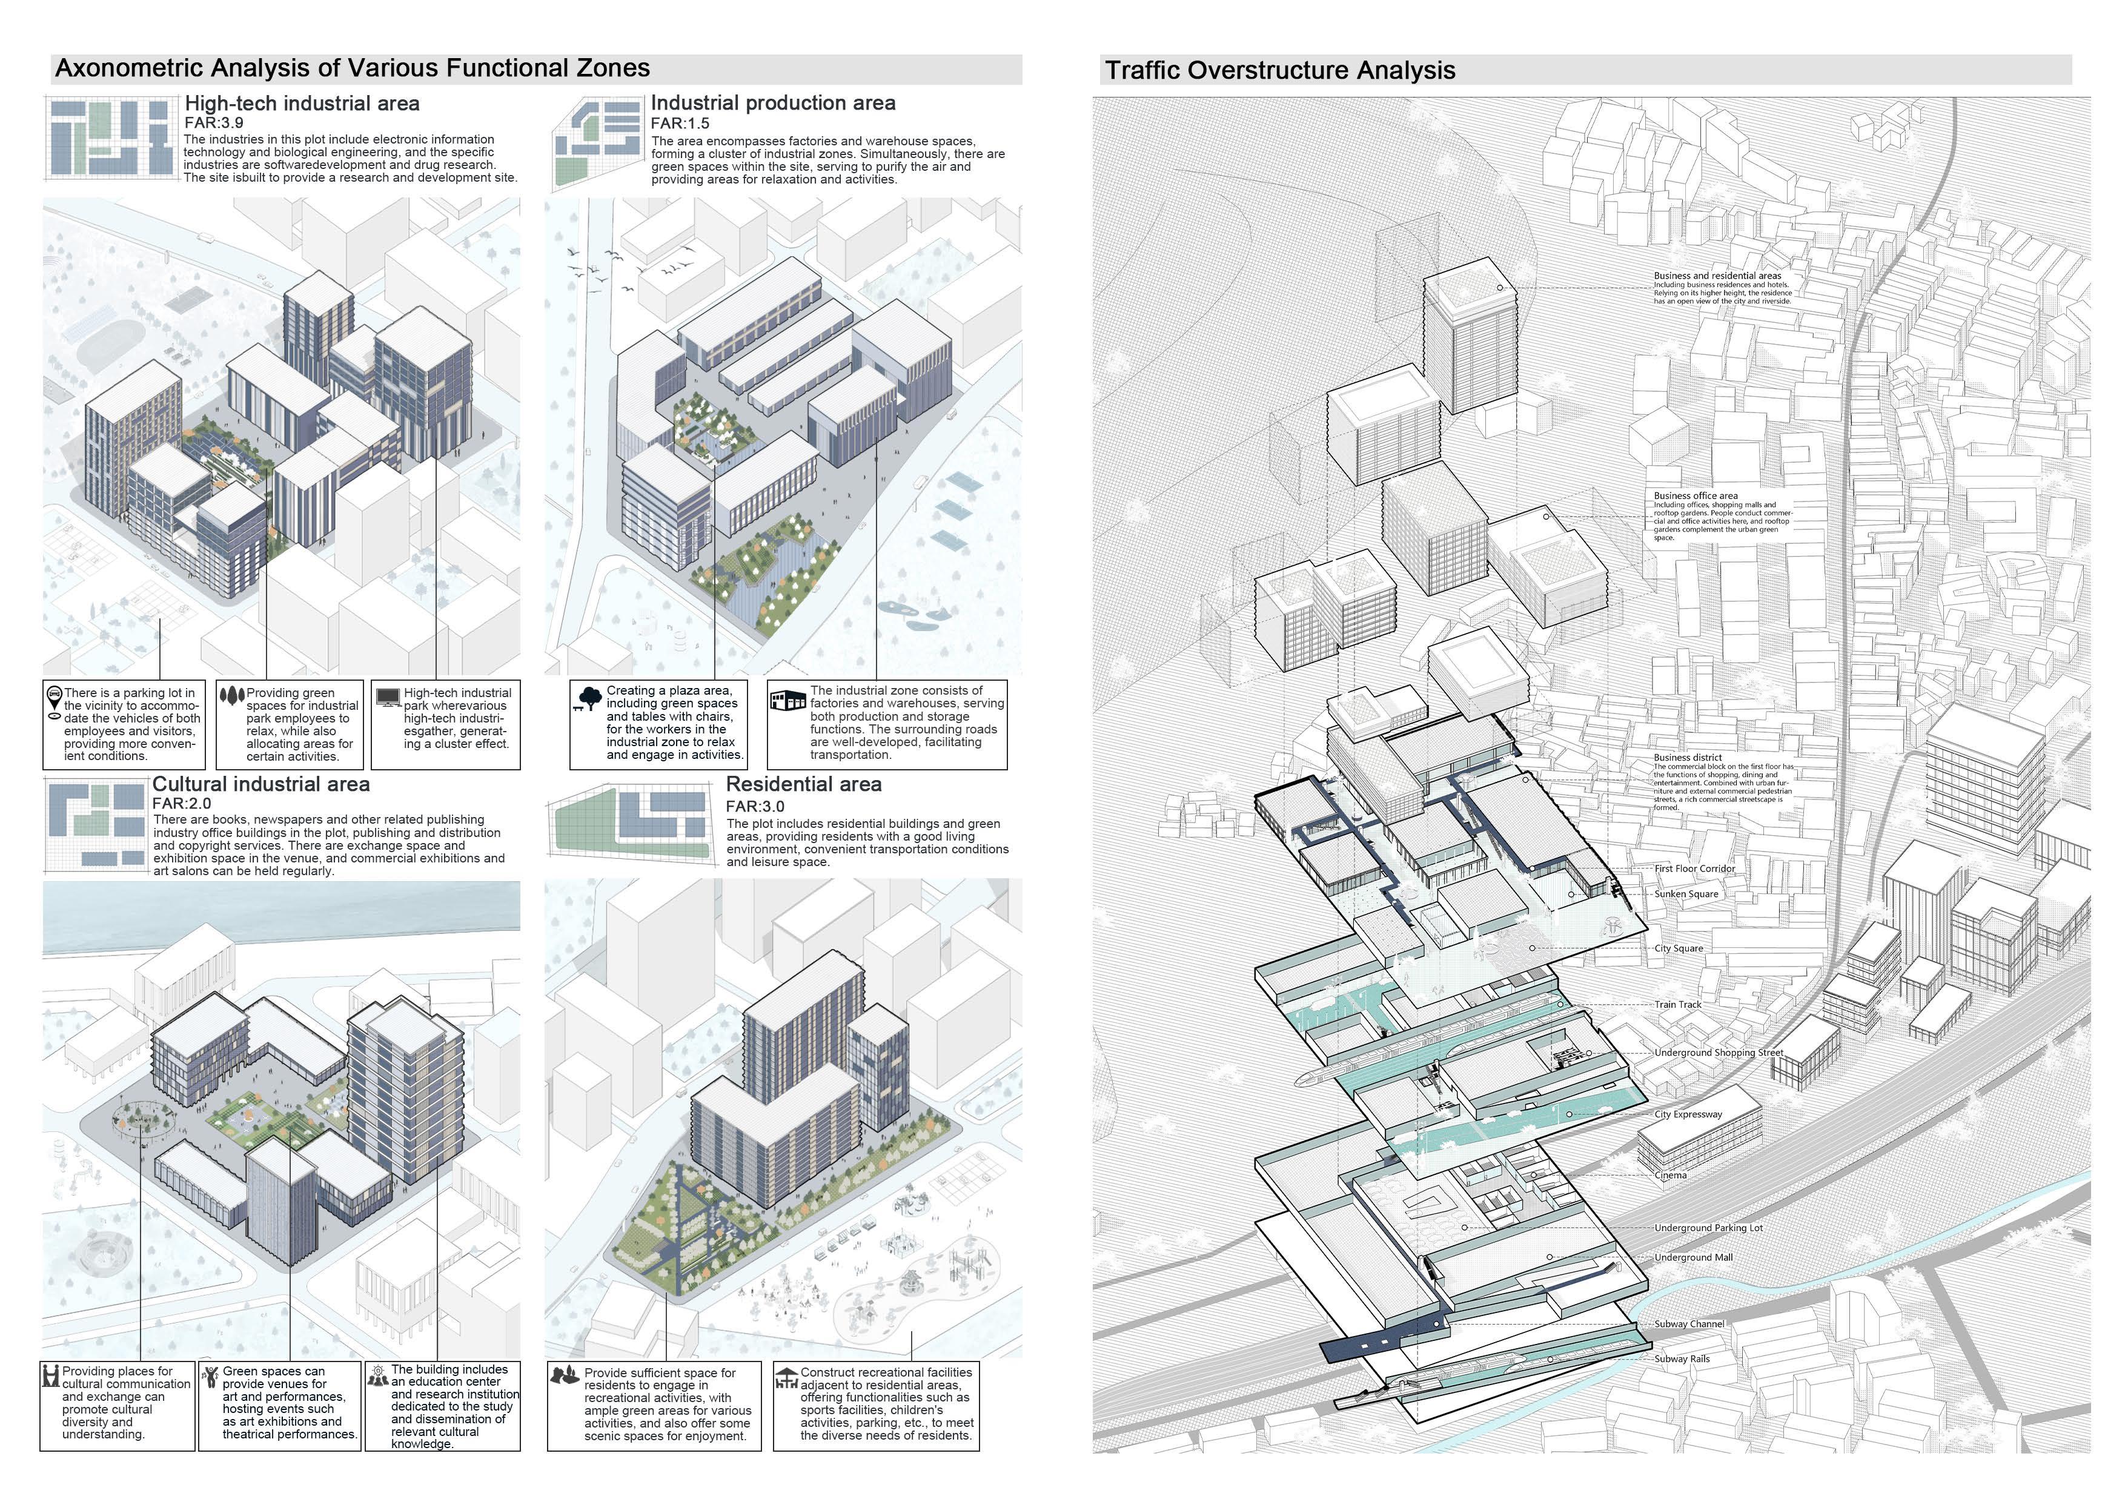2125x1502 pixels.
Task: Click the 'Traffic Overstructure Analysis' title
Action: [x=1280, y=70]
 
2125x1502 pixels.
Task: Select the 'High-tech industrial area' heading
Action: [x=302, y=103]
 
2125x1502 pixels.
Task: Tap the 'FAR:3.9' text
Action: [x=214, y=123]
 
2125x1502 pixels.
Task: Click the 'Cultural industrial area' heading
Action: [x=261, y=784]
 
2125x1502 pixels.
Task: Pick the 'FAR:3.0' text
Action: [x=755, y=806]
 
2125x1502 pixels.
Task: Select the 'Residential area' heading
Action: [x=803, y=784]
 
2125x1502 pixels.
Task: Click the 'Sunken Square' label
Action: [x=1686, y=894]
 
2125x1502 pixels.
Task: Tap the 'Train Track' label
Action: [x=1678, y=1004]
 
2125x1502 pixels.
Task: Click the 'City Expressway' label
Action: [x=1688, y=1114]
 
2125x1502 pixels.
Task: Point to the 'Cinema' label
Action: [x=1671, y=1176]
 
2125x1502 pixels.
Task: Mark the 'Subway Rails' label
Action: [x=1682, y=1358]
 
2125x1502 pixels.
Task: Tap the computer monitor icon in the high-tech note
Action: [x=388, y=697]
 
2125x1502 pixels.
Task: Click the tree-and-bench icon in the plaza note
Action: [x=587, y=699]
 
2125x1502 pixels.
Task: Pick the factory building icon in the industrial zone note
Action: [x=789, y=700]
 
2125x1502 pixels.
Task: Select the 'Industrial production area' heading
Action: [x=773, y=103]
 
